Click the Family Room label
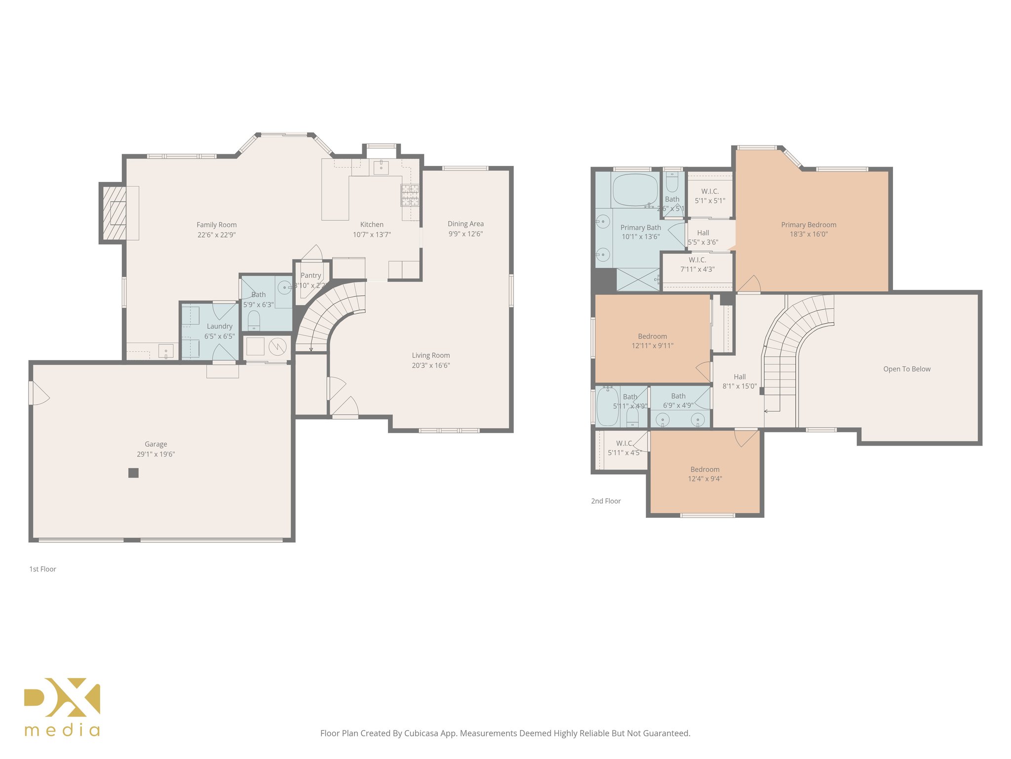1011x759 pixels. tap(216, 225)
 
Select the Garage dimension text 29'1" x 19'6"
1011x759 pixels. tap(156, 454)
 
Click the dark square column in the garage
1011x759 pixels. tap(133, 473)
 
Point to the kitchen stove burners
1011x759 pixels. tap(410, 195)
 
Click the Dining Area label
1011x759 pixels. tap(465, 224)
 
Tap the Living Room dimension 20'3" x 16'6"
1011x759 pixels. tap(430, 366)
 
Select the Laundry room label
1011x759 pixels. tap(219, 326)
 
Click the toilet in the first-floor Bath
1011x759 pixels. tap(254, 320)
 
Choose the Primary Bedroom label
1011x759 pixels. tap(808, 225)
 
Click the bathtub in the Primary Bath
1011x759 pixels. tap(635, 190)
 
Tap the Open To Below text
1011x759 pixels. tap(906, 369)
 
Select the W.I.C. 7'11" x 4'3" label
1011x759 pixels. tap(697, 260)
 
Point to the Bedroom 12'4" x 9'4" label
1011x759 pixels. tap(704, 469)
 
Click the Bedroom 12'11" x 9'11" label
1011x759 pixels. tap(652, 337)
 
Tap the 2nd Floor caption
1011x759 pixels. tap(606, 501)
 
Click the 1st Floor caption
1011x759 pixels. tap(42, 569)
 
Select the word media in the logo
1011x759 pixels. tap(62, 730)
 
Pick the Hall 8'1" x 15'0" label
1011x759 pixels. tap(739, 377)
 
